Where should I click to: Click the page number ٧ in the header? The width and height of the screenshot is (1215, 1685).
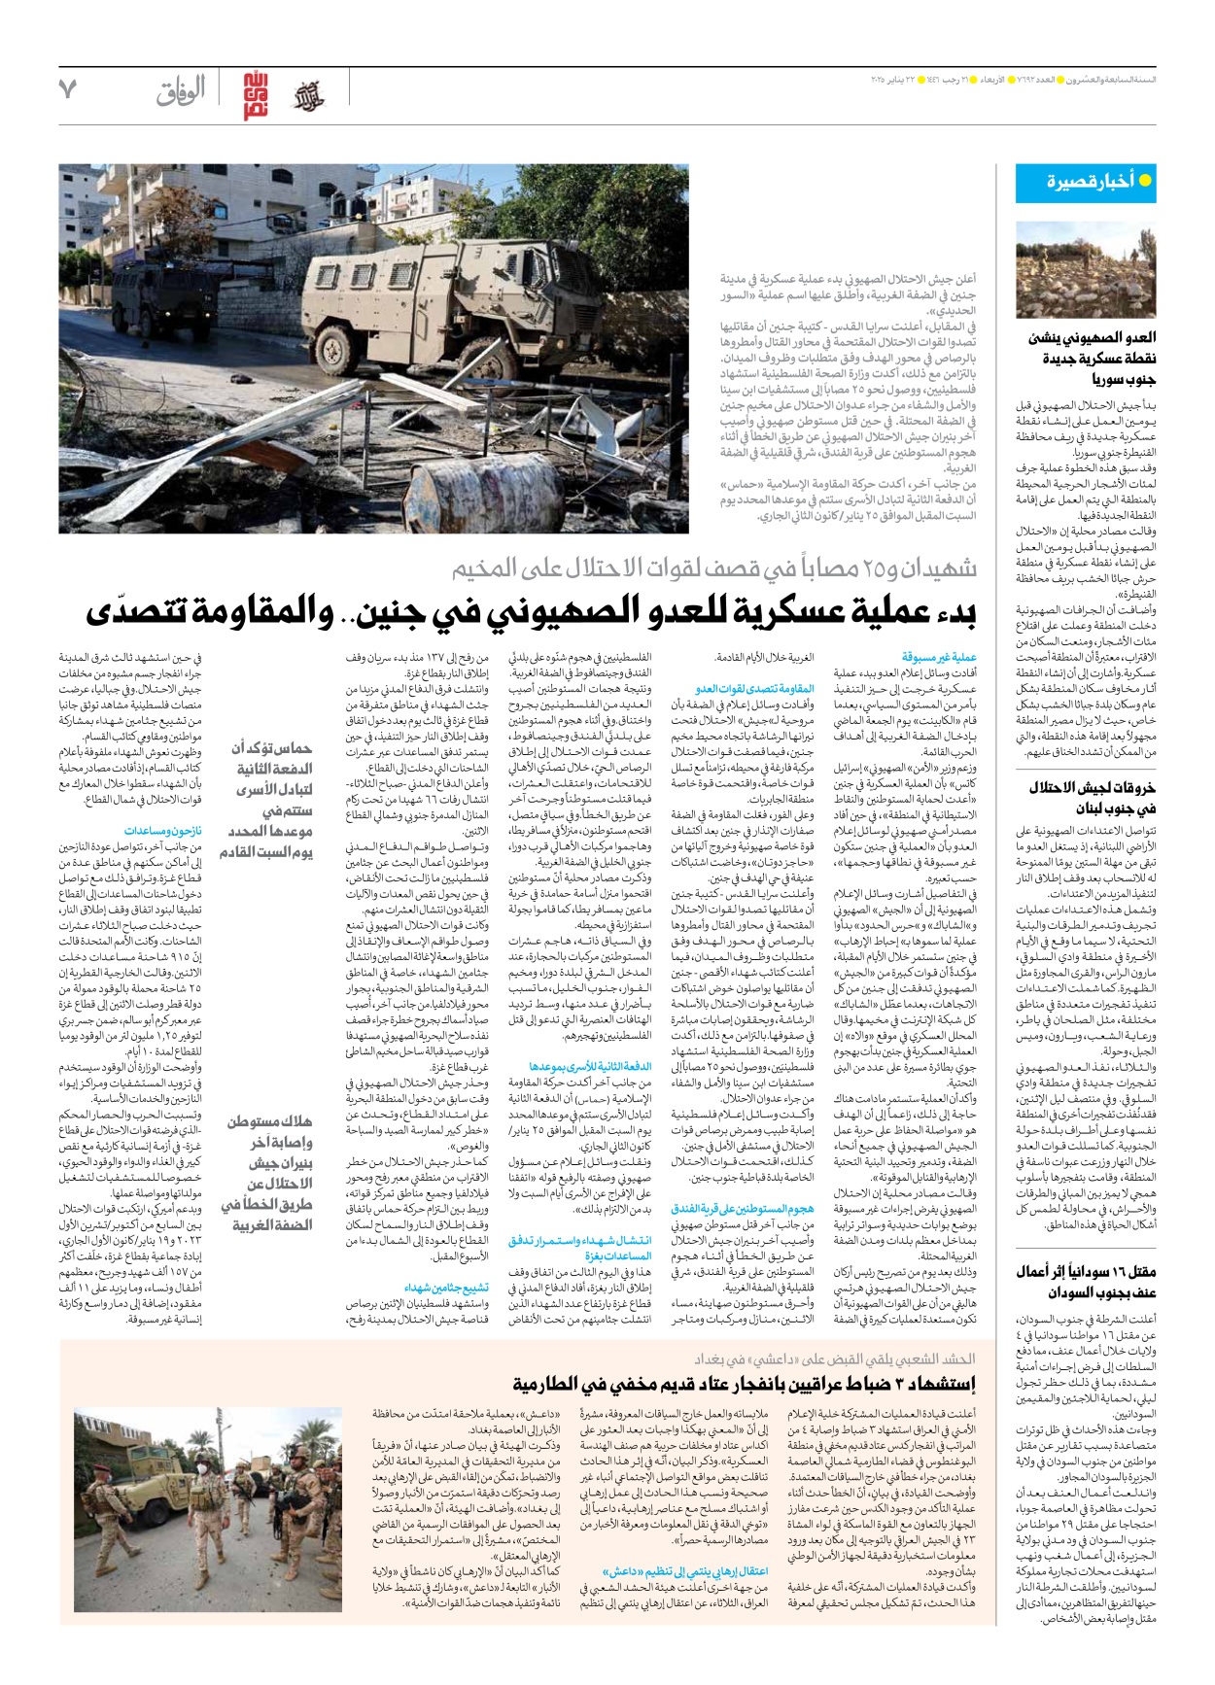point(67,90)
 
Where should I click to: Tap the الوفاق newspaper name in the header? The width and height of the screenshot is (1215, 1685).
point(181,92)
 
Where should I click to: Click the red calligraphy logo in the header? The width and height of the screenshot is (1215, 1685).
point(256,95)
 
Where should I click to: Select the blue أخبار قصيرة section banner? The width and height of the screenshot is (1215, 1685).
point(1085,182)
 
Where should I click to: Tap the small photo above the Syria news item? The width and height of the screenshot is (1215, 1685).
point(1085,271)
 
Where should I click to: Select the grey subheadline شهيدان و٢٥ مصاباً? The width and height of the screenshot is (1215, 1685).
point(714,568)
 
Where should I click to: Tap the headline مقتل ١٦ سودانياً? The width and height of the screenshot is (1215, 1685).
point(1087,1282)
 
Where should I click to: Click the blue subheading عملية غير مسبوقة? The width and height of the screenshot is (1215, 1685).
point(939,657)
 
